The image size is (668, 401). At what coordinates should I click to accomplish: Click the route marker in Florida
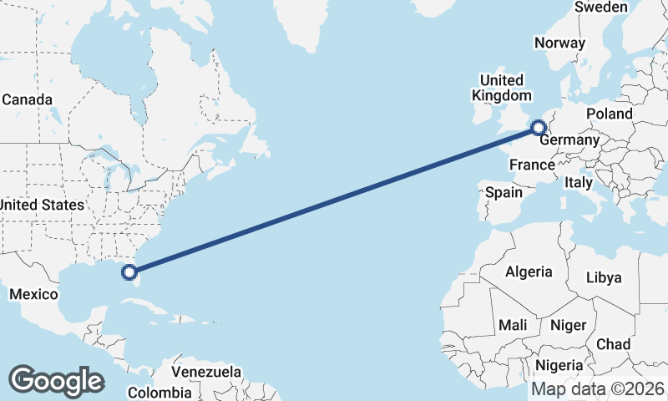pos(129,271)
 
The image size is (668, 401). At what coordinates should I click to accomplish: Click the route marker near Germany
pos(539,128)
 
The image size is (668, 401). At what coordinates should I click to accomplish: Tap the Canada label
pos(27,99)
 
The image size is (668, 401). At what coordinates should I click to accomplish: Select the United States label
pos(42,205)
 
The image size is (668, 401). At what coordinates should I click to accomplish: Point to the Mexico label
pos(33,294)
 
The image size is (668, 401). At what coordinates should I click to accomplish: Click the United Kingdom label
pos(501,88)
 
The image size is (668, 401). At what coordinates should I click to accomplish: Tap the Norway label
pos(560,43)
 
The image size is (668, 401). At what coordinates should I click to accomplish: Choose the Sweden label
pos(601,7)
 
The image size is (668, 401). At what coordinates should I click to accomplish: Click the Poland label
pos(609,114)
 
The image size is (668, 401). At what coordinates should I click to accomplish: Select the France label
pos(533,165)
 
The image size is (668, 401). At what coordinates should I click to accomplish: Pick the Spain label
pos(504,192)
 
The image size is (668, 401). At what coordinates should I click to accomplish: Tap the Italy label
pos(578,182)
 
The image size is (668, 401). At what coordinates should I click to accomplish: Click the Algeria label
pos(529,272)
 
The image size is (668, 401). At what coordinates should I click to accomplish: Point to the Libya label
pos(604,277)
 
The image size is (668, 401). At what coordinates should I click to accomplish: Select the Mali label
pos(512,325)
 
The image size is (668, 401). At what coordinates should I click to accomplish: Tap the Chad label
pos(613,344)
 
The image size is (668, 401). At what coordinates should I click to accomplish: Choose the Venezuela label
pos(206,371)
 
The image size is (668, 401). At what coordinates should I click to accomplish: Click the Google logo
pos(56,381)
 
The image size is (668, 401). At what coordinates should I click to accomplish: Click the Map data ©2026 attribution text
pos(598,388)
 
